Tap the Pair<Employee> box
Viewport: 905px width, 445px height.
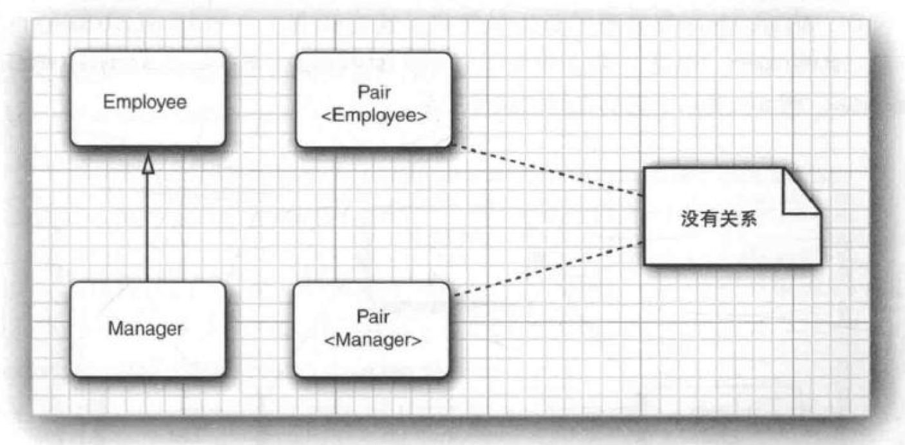point(374,100)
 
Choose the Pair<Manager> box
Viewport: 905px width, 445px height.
point(371,330)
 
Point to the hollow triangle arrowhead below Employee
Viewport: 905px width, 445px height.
point(148,166)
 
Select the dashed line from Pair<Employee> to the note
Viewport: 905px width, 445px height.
point(548,171)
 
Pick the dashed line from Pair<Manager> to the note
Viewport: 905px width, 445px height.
point(548,269)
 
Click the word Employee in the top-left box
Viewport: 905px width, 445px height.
point(145,102)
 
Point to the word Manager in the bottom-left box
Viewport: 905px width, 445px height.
point(145,329)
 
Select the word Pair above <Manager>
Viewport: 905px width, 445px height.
point(372,317)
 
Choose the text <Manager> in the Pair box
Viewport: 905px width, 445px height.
point(372,341)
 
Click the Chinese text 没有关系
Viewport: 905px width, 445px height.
point(719,220)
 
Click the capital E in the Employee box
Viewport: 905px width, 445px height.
point(108,102)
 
